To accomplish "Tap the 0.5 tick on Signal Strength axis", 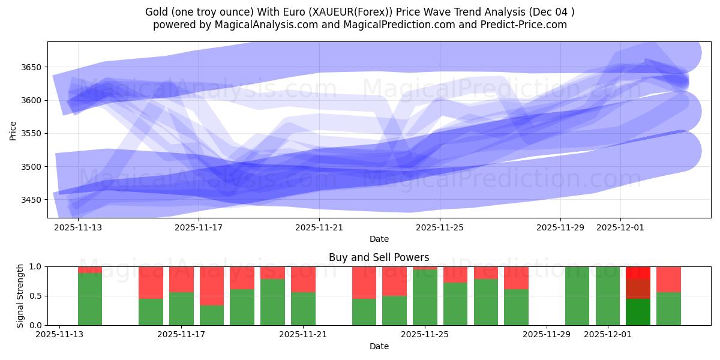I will pyautogui.click(x=34, y=296).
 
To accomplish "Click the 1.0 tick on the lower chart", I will pyautogui.click(x=34, y=266).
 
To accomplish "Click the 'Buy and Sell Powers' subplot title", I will pyautogui.click(x=379, y=257).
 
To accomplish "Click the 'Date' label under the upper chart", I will pyautogui.click(x=379, y=239).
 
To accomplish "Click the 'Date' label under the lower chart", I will pyautogui.click(x=379, y=346).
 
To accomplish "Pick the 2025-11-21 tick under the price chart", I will pyautogui.click(x=319, y=227).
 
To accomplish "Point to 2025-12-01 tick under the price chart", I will pyautogui.click(x=620, y=227).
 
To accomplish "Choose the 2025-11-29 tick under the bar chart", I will pyautogui.click(x=547, y=335).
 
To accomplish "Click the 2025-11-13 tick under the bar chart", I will pyautogui.click(x=59, y=335).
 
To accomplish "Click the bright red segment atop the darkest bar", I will pyautogui.click(x=638, y=272).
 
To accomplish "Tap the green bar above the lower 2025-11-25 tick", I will pyautogui.click(x=425, y=298).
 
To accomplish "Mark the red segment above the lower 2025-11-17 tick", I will pyautogui.click(x=181, y=279).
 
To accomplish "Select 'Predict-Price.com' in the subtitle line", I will pyautogui.click(x=524, y=25).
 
